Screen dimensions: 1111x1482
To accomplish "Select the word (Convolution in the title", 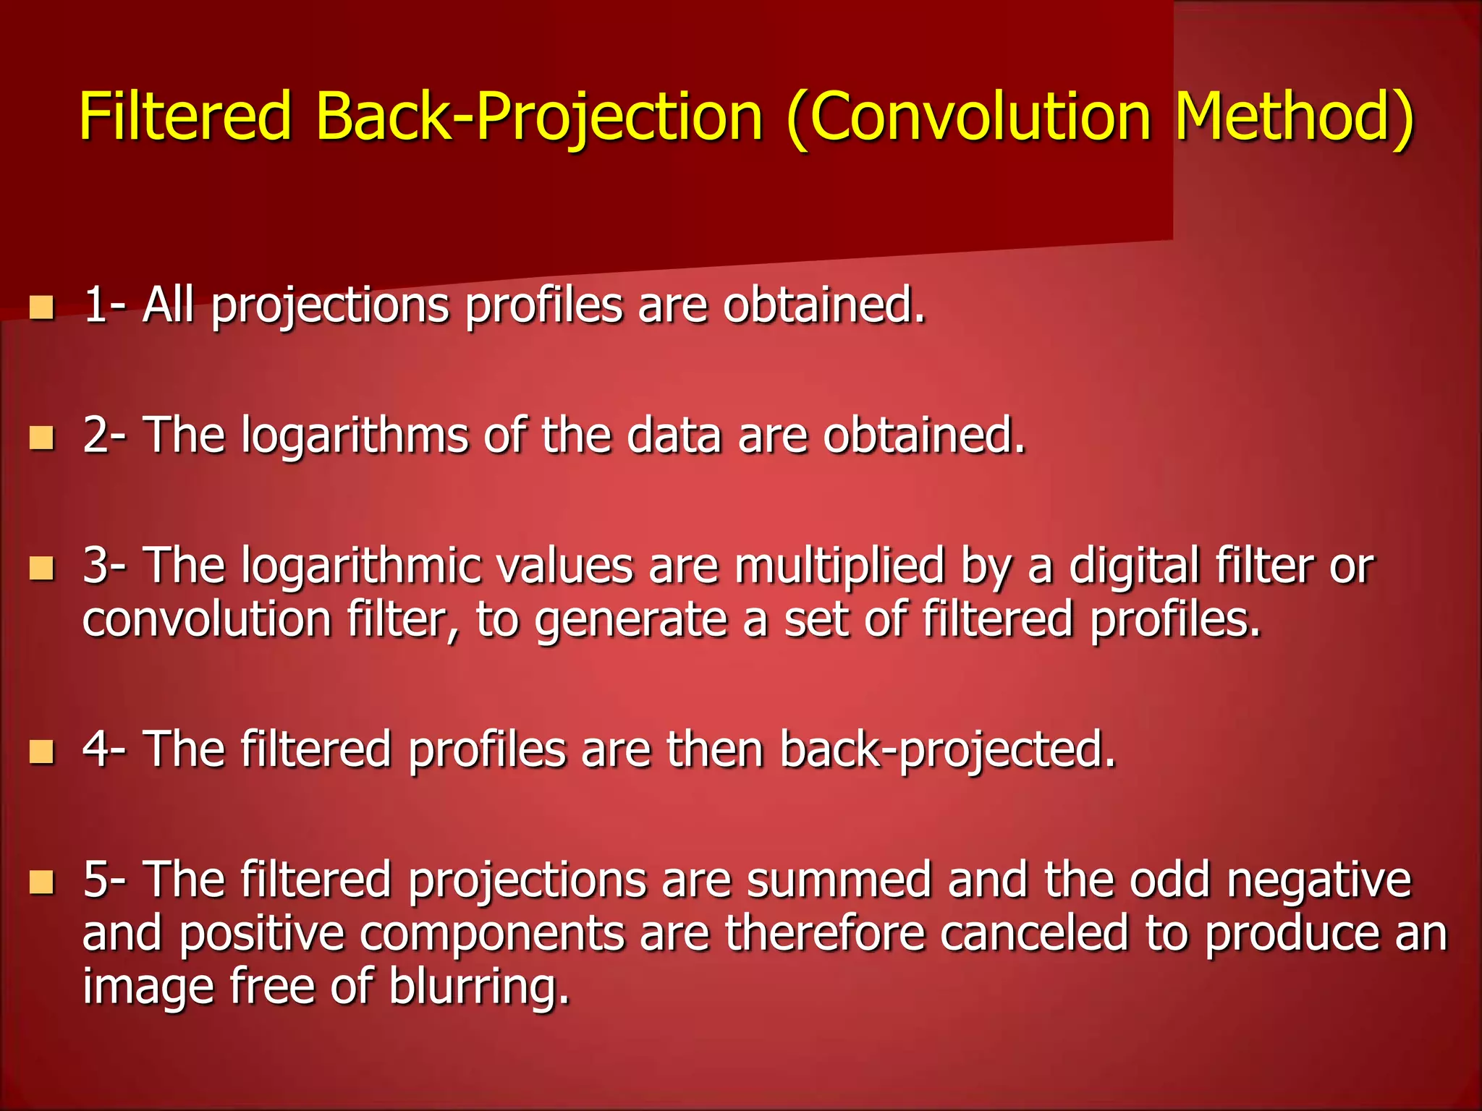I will coord(968,117).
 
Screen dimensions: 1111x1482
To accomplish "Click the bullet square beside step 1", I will coord(42,307).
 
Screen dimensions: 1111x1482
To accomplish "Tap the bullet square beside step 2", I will coord(42,438).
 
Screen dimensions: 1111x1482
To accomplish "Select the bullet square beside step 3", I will coord(42,568).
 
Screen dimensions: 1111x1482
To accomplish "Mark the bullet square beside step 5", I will coord(42,882).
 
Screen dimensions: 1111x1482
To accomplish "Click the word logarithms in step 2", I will coord(355,436).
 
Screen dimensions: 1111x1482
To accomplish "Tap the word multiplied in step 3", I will coord(839,566).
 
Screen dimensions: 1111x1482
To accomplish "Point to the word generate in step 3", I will coord(630,621).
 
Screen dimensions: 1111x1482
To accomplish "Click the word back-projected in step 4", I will coord(948,750).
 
